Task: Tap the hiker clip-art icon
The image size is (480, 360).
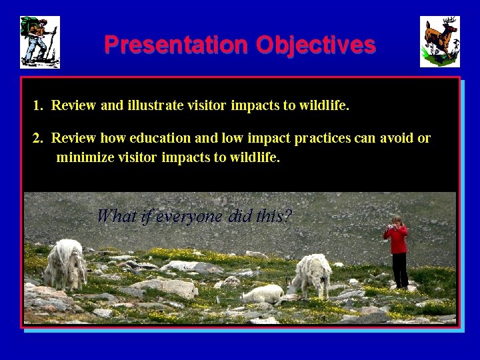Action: pyautogui.click(x=40, y=42)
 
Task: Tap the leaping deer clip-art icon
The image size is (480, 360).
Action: pyautogui.click(x=439, y=42)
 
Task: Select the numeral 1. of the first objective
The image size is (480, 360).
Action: pyautogui.click(x=38, y=105)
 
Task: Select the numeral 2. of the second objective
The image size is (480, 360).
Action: pyautogui.click(x=38, y=139)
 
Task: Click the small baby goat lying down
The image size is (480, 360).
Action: pyautogui.click(x=263, y=293)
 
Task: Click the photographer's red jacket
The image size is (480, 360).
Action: pyautogui.click(x=399, y=240)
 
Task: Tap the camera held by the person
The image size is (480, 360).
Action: pyautogui.click(x=389, y=229)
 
